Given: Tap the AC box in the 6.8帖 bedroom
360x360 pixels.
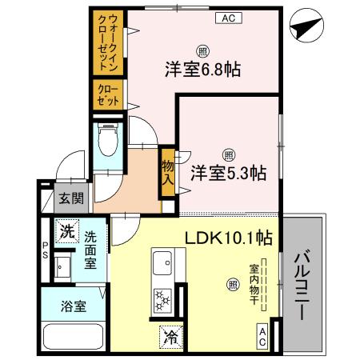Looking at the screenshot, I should coord(228,17).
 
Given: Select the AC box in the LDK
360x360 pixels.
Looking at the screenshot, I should coord(262,336).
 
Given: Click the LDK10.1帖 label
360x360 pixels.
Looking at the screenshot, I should coord(228,238).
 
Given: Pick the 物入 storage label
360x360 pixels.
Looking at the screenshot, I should coord(167,171).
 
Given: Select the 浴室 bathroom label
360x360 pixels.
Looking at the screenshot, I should coord(74,305).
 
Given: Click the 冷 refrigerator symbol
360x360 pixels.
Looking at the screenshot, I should coord(170,336).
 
